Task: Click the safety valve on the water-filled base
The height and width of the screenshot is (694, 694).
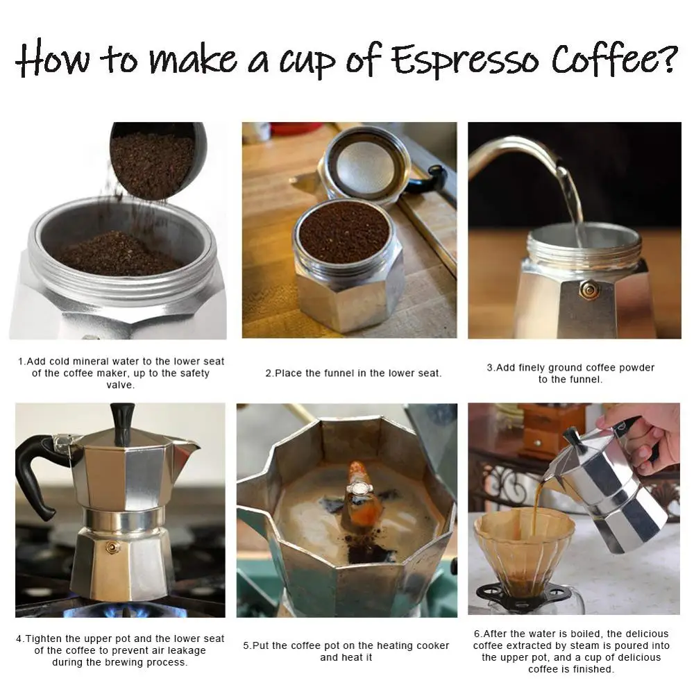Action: tap(590, 289)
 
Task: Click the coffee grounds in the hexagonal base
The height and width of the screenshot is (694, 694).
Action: tap(344, 231)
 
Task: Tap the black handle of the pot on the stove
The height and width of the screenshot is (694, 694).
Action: tap(35, 472)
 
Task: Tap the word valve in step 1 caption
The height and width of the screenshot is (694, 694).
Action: tap(121, 385)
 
